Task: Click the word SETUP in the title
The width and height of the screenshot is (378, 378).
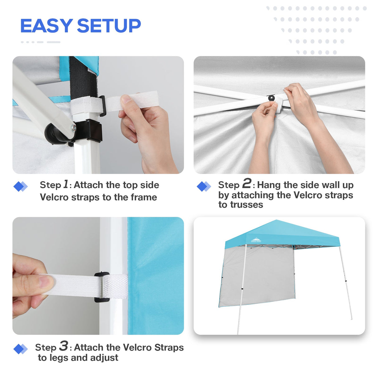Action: tap(109, 26)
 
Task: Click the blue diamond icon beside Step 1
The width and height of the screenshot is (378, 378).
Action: tap(20, 187)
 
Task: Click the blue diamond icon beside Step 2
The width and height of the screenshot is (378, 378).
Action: tap(204, 187)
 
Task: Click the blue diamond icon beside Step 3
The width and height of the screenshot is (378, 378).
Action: tap(20, 349)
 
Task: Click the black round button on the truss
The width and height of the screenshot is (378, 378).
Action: tap(272, 98)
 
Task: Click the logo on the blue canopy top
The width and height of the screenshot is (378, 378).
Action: tap(256, 240)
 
